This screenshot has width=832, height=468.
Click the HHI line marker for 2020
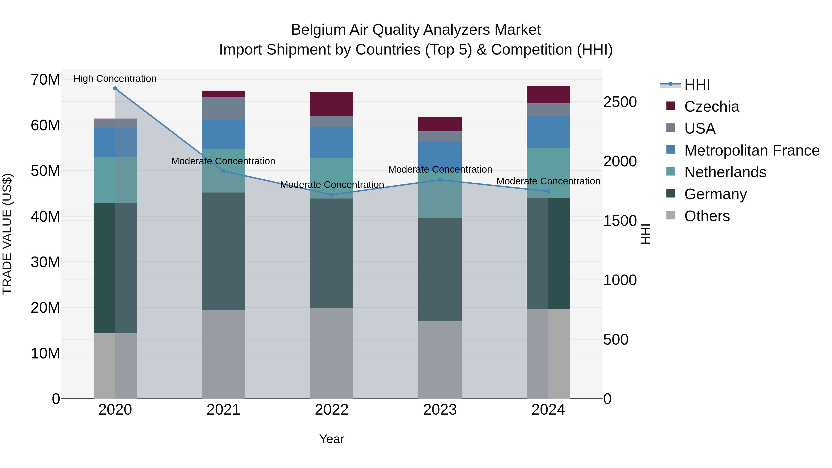(x=115, y=89)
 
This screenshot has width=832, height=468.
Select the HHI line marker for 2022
(x=332, y=195)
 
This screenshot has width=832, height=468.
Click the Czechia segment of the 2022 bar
(x=332, y=104)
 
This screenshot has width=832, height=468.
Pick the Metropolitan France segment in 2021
(x=223, y=134)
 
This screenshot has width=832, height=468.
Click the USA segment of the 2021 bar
(x=223, y=109)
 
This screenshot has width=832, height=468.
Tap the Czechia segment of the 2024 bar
(x=548, y=95)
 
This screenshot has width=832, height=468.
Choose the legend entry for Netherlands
(x=725, y=172)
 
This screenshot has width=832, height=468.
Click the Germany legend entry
(x=715, y=194)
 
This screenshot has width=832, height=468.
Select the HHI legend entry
(x=697, y=85)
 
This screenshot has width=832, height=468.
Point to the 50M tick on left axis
(x=45, y=171)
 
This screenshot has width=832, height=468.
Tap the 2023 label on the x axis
(x=440, y=410)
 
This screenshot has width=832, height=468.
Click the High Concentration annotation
(x=115, y=79)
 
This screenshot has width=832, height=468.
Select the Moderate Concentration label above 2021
(x=223, y=161)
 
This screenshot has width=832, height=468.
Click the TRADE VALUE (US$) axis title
(x=7, y=234)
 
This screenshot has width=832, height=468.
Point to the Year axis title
(x=332, y=439)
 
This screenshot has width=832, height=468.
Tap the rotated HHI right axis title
(x=645, y=234)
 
